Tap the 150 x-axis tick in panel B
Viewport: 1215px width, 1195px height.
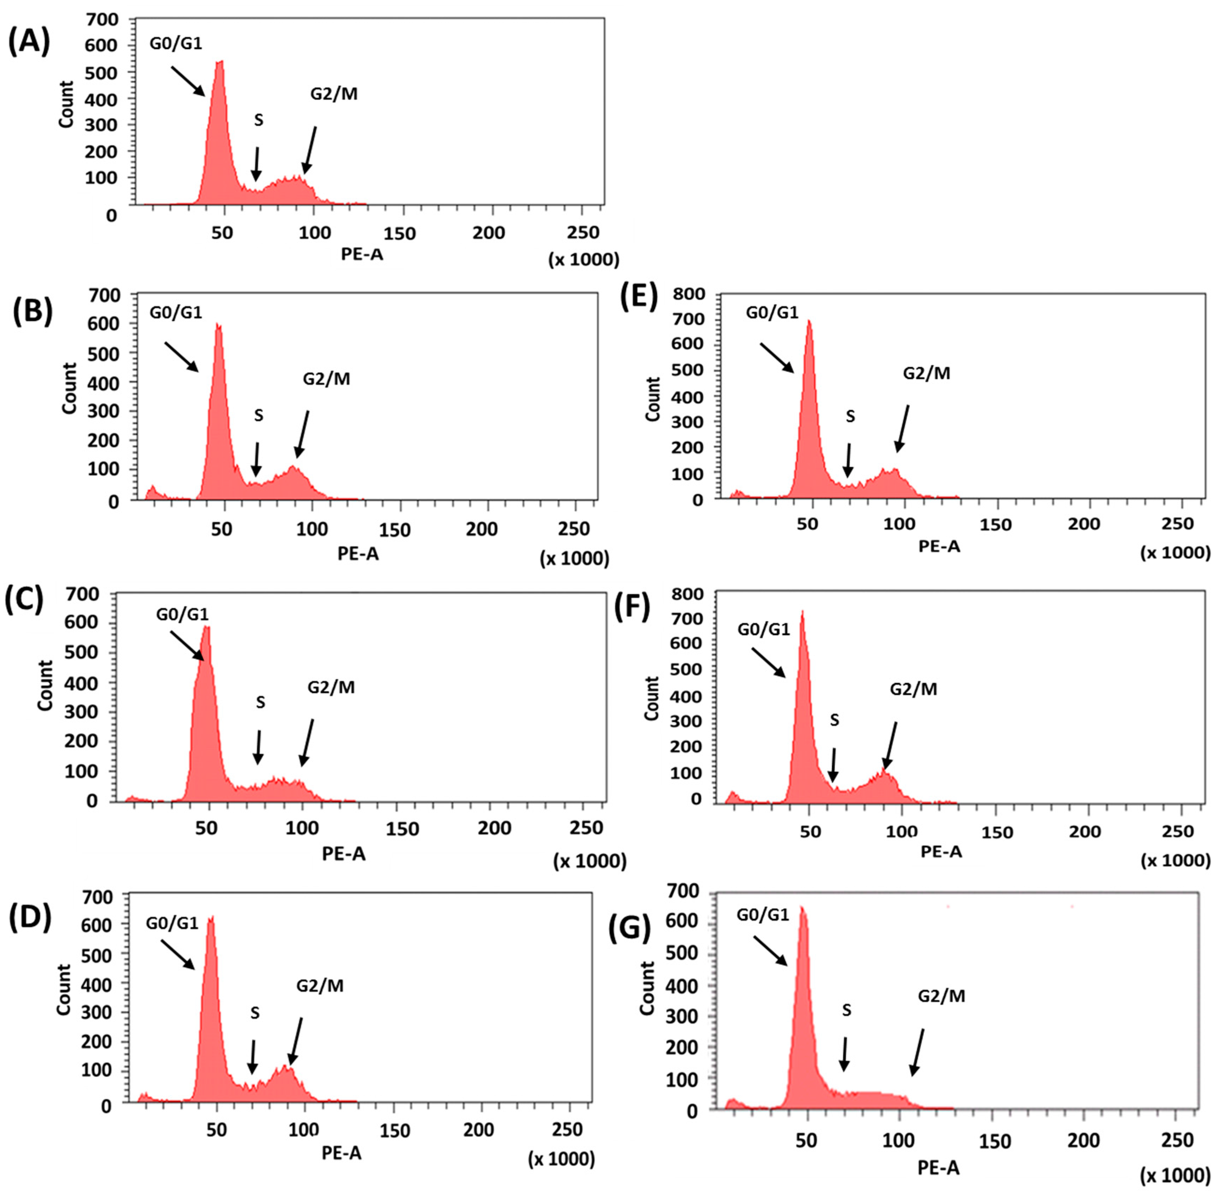coord(395,530)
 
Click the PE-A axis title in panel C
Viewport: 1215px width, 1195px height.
coord(343,854)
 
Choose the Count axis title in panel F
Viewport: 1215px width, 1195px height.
coord(652,698)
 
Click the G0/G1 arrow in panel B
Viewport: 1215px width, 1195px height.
coord(182,356)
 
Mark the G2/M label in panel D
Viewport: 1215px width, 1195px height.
coord(319,986)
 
